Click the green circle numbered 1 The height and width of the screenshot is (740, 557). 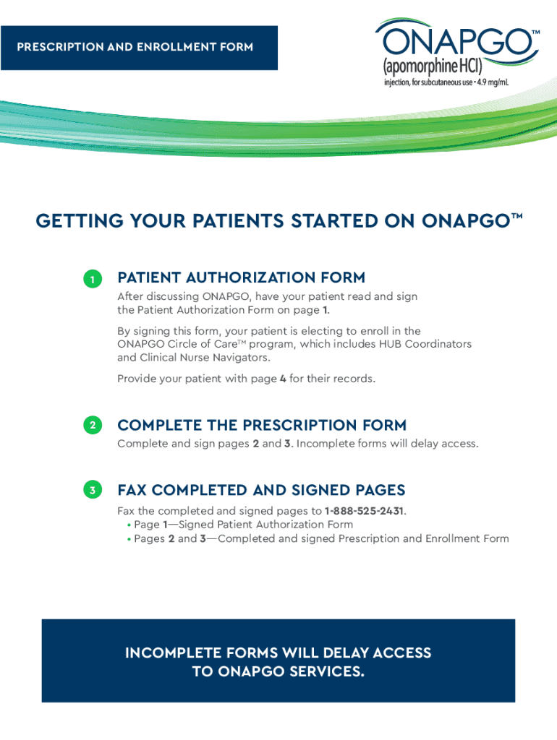coord(93,279)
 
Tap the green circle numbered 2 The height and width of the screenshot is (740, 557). coord(93,425)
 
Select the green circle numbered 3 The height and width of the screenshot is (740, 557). coord(93,490)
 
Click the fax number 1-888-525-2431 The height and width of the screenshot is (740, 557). coord(364,511)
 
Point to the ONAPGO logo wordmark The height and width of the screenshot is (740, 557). coord(457,41)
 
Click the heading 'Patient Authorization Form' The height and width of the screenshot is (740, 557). coord(242,277)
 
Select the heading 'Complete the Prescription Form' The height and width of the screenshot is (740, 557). coord(262,425)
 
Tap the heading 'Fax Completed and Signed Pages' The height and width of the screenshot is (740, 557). coord(261,491)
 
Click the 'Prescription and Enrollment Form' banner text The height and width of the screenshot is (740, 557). coord(135,47)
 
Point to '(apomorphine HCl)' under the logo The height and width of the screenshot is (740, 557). coord(433,66)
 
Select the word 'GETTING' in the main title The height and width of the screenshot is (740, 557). coord(80,221)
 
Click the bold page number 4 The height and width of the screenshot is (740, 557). coord(283,379)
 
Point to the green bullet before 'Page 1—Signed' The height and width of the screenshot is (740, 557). coord(129,525)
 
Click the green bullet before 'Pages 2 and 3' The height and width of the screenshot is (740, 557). coord(129,539)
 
